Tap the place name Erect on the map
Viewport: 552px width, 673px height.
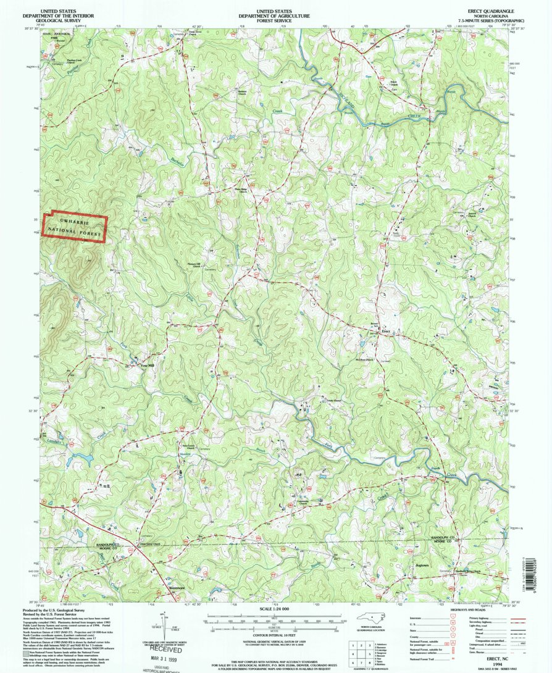[x=387, y=332]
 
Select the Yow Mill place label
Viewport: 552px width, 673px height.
[x=147, y=365]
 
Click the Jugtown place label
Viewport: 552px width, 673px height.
[x=422, y=564]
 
